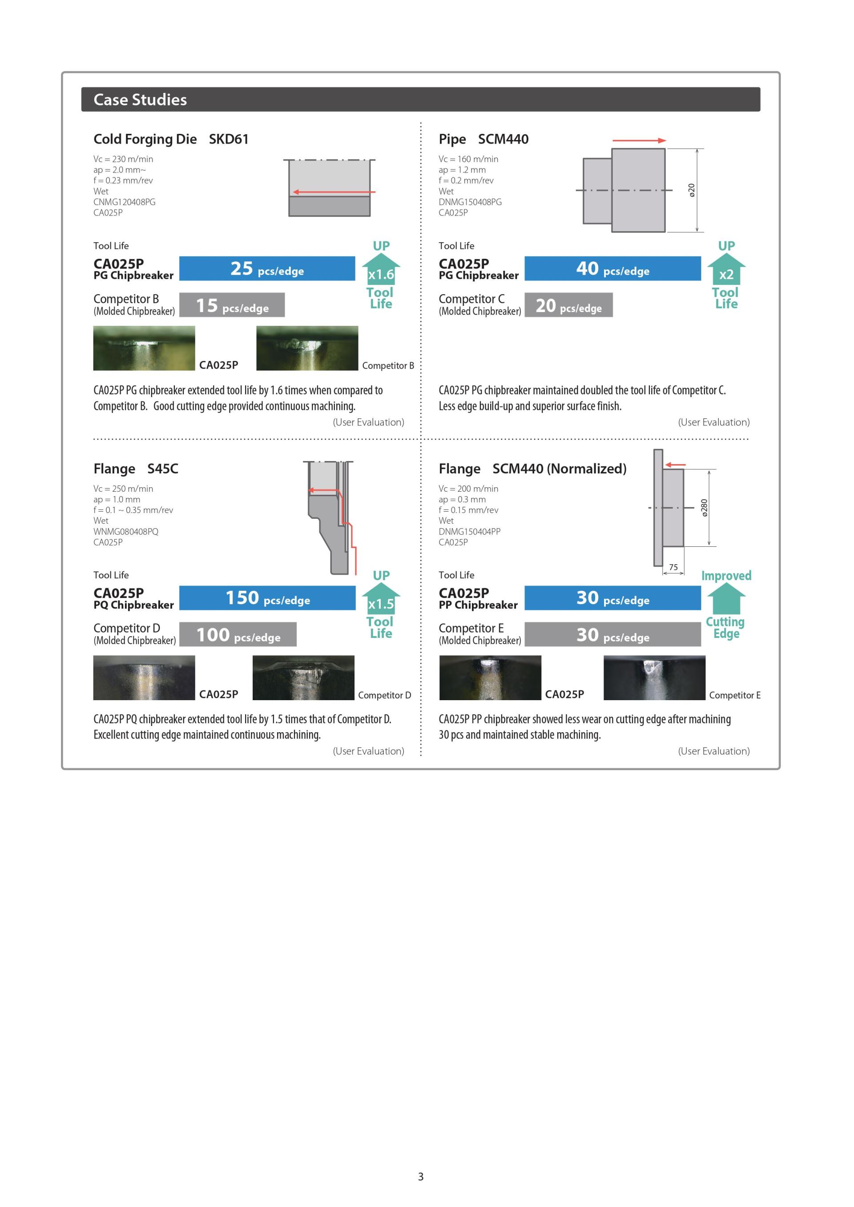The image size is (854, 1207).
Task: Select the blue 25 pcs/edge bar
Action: pyautogui.click(x=267, y=269)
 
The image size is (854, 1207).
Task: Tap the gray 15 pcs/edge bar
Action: pyautogui.click(x=232, y=305)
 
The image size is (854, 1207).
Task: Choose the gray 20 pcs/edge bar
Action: pyautogui.click(x=568, y=305)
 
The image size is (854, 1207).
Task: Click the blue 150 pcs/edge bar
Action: pyautogui.click(x=267, y=598)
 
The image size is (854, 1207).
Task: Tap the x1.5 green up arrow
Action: pyautogui.click(x=381, y=599)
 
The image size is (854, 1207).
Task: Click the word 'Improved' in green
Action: pyautogui.click(x=726, y=576)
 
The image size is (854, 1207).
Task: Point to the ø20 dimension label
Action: pyautogui.click(x=692, y=190)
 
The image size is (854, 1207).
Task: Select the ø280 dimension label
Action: pyautogui.click(x=705, y=508)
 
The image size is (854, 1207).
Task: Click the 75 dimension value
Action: pyautogui.click(x=673, y=567)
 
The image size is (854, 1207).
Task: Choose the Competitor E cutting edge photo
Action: pyautogui.click(x=654, y=678)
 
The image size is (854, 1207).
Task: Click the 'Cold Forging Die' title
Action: pyautogui.click(x=145, y=139)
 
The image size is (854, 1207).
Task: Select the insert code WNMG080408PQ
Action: pyautogui.click(x=126, y=531)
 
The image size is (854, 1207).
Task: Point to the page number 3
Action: pyautogui.click(x=421, y=1176)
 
